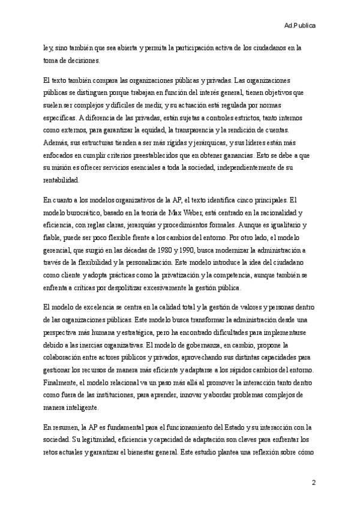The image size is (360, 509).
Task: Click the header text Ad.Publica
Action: (300, 26)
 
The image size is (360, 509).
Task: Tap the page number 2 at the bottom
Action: (313, 483)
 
